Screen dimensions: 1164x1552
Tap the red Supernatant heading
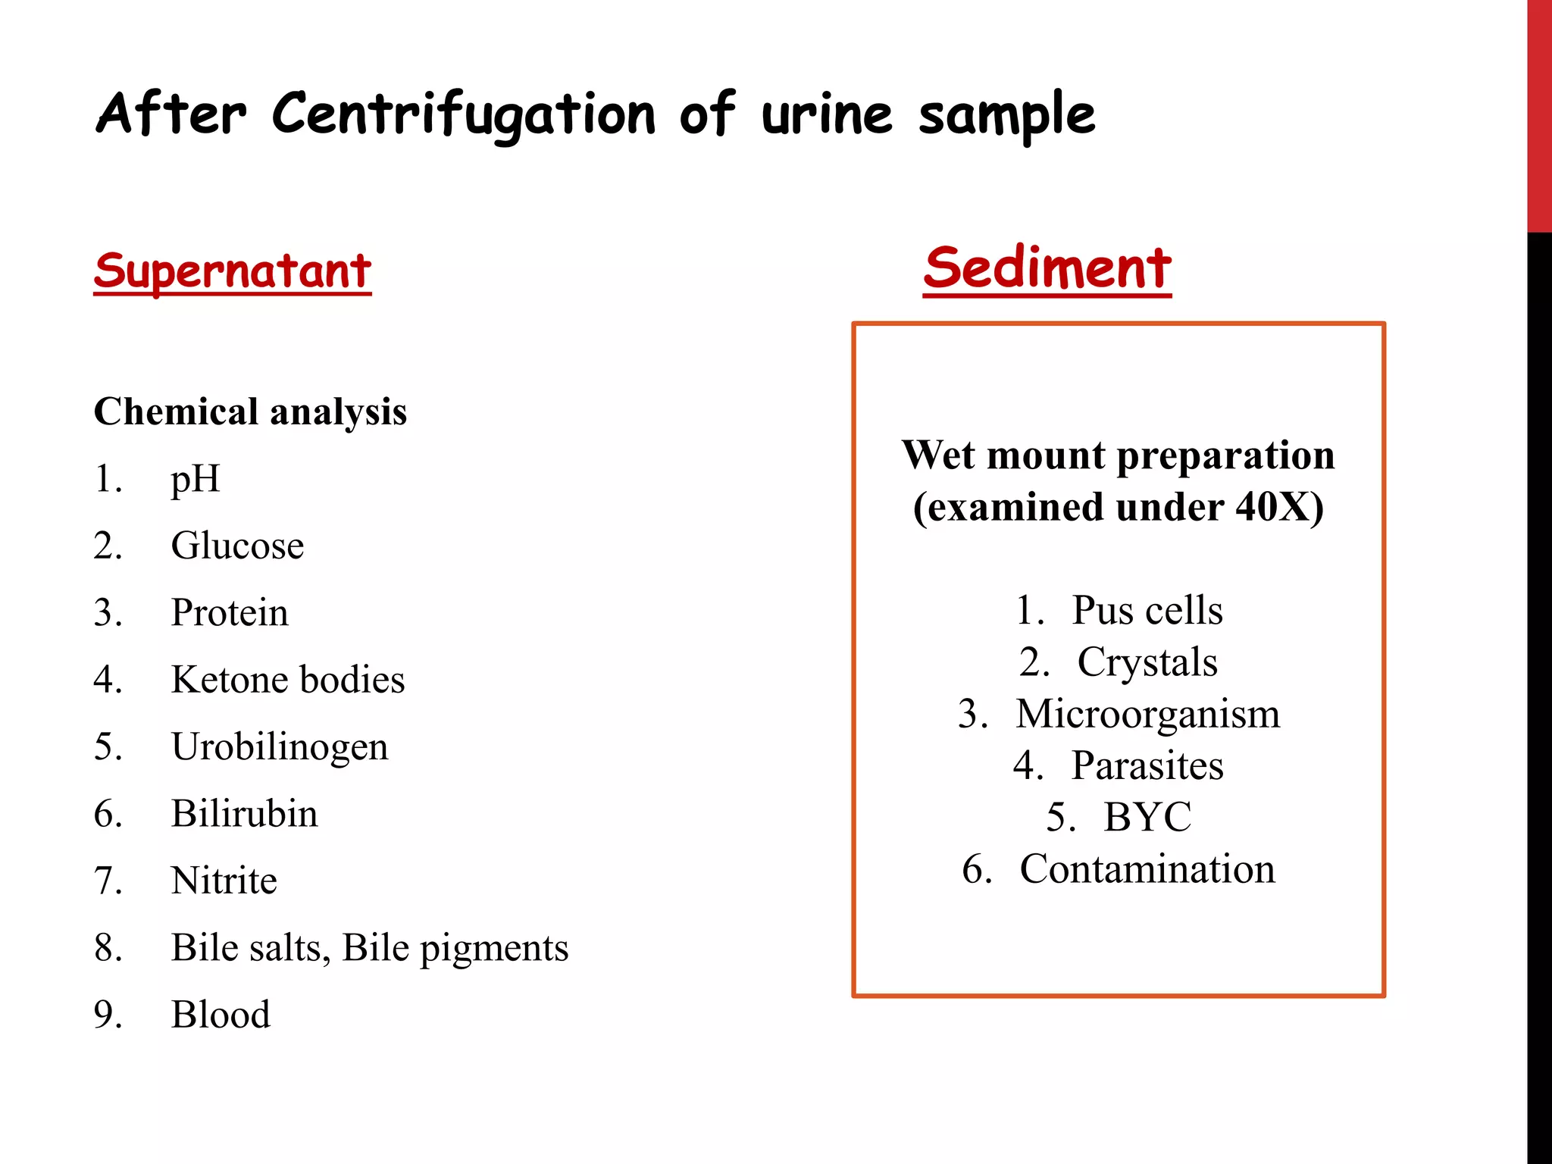[x=233, y=271]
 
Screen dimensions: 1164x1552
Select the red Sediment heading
[x=1047, y=268]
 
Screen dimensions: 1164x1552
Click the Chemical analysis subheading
[x=250, y=412]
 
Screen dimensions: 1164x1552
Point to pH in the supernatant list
[x=196, y=479]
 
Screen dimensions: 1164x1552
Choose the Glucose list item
[x=237, y=546]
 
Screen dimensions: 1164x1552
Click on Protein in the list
[x=230, y=612]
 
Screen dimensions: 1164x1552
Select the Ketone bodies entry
[x=288, y=680]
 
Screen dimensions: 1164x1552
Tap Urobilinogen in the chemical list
[x=280, y=746]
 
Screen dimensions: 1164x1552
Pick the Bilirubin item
[x=244, y=814]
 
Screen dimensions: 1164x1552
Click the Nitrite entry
[x=224, y=881]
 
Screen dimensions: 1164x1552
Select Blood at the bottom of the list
[x=221, y=1015]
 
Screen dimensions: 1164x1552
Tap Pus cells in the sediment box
[x=1147, y=610]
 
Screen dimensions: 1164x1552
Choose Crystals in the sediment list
[x=1147, y=662]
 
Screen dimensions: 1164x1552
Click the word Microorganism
[x=1147, y=714]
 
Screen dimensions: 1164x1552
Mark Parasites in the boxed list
[x=1147, y=765]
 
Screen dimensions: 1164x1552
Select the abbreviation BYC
[x=1147, y=817]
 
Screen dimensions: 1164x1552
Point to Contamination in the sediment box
[x=1147, y=869]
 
